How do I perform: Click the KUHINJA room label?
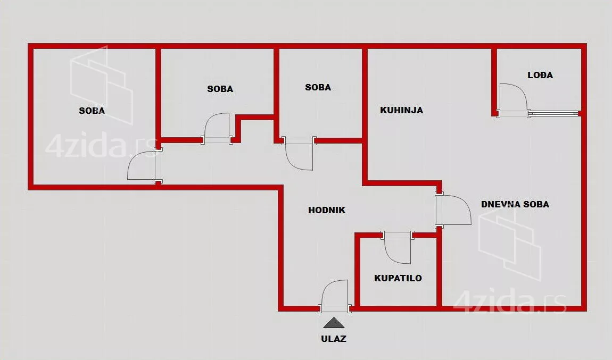point(402,111)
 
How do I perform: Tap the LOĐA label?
point(540,75)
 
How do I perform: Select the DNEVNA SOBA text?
point(515,204)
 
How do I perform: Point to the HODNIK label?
point(327,210)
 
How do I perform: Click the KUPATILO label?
point(398,278)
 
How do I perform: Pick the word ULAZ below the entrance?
point(334,339)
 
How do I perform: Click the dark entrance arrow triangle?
point(334,323)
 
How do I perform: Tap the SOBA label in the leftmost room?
point(92,111)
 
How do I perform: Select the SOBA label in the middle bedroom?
point(220,89)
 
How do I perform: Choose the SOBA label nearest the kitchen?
point(318,87)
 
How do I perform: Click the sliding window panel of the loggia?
point(553,113)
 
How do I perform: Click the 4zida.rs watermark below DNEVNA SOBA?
point(510,300)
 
